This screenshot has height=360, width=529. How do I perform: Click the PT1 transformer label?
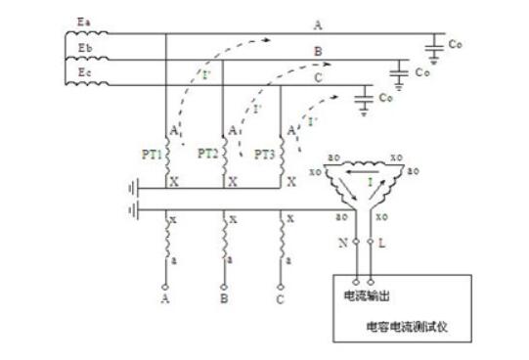click(151, 154)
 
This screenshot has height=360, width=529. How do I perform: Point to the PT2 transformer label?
click(206, 154)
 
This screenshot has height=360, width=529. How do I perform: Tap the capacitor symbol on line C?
click(363, 96)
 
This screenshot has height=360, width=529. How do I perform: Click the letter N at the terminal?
click(343, 241)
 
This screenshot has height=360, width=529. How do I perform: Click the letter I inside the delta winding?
click(370, 183)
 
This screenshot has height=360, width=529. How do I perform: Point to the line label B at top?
click(317, 50)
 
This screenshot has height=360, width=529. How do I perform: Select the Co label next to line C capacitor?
click(387, 97)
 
